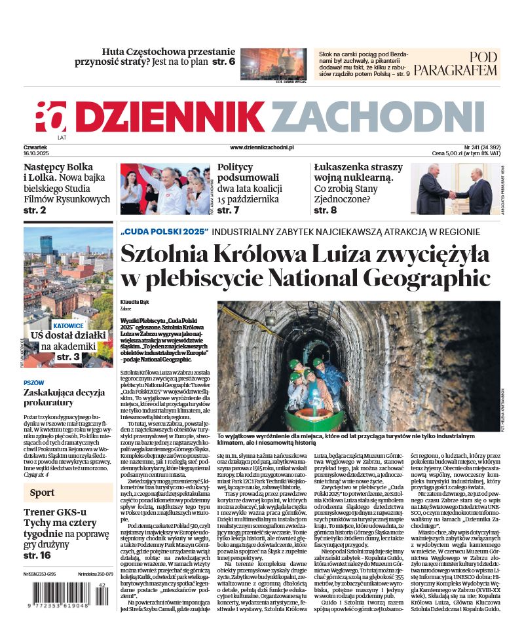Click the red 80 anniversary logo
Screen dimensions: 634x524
coord(52,117)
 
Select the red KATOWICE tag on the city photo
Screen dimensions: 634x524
coord(68,325)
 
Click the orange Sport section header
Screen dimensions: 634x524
coord(43,493)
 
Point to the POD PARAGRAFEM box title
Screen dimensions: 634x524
coord(464,64)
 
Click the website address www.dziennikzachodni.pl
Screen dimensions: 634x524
coord(261,148)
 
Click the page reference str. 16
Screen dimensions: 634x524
coord(37,555)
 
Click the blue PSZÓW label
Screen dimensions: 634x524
coord(34,382)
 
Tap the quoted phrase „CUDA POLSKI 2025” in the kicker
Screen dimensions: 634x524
coord(164,232)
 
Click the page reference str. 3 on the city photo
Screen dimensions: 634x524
coord(68,357)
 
